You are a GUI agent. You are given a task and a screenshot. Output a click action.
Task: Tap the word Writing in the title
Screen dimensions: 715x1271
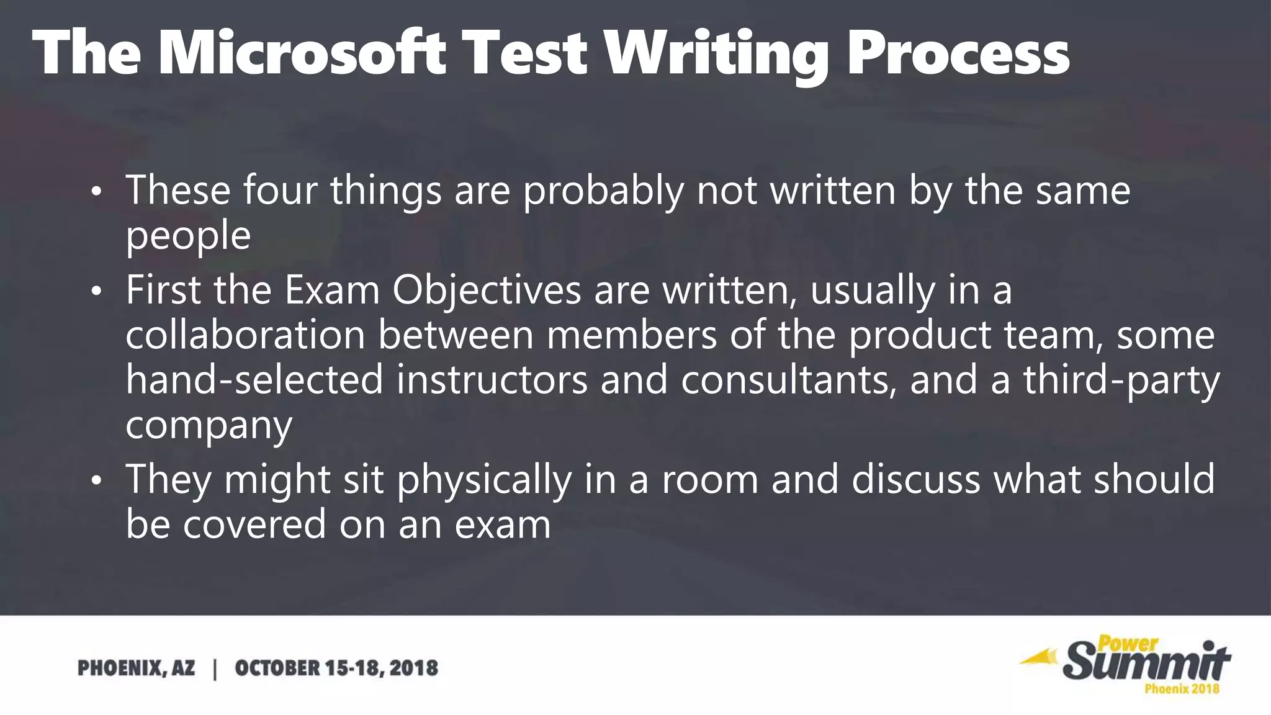716,55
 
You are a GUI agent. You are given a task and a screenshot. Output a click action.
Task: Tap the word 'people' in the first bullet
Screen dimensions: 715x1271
188,236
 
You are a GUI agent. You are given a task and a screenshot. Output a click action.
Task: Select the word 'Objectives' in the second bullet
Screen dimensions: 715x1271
487,290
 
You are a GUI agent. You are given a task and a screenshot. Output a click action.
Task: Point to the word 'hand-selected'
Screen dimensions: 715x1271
254,380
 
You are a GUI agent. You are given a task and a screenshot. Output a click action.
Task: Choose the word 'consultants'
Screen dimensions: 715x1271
789,380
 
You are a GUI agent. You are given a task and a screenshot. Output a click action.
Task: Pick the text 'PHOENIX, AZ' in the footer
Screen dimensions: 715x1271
136,668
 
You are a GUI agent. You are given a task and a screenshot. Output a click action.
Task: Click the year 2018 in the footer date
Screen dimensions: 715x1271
414,668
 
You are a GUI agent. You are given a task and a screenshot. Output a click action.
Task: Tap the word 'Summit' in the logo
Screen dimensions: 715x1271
1146,663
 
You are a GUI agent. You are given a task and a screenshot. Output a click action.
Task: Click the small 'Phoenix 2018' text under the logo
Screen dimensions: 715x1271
1182,688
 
